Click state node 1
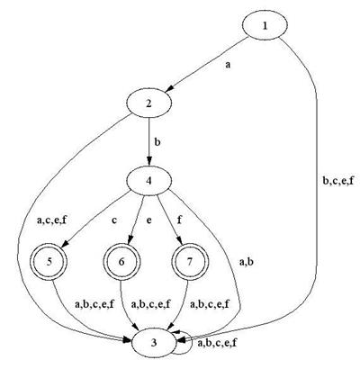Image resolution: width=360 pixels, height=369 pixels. (x=265, y=26)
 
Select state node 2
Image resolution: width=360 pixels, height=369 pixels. (x=149, y=103)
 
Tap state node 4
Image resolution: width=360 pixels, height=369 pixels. (x=149, y=181)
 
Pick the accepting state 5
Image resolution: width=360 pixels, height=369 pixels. (x=49, y=262)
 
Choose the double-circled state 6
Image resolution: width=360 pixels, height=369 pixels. (x=121, y=262)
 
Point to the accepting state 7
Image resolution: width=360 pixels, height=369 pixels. (x=189, y=262)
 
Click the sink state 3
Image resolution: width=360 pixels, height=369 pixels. (x=154, y=342)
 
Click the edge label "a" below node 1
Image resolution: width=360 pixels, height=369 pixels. (x=228, y=65)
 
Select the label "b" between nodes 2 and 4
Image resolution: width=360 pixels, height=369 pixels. (x=157, y=141)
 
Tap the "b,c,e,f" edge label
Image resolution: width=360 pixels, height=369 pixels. (x=338, y=180)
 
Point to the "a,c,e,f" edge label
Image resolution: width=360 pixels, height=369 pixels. (x=51, y=220)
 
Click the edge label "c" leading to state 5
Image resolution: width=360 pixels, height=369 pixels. (x=114, y=220)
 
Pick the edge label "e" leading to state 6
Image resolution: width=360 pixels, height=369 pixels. (x=148, y=220)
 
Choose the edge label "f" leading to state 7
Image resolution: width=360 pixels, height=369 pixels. (x=179, y=220)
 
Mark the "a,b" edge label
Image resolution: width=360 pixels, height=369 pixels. (x=247, y=262)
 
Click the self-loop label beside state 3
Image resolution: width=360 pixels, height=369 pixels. (x=218, y=342)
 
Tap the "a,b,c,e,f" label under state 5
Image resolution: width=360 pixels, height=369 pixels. (x=94, y=304)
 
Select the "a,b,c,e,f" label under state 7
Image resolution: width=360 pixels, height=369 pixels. (x=210, y=304)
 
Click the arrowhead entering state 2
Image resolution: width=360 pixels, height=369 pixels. (x=170, y=89)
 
